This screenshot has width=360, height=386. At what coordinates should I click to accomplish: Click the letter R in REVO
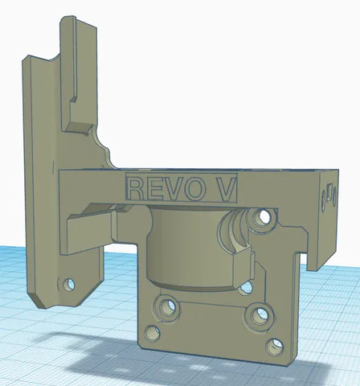[x=137, y=189]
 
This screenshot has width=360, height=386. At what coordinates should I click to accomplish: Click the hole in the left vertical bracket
[x=69, y=284]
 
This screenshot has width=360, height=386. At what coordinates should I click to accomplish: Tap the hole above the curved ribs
[x=264, y=216]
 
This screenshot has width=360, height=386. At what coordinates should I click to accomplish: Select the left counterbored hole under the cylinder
[x=166, y=307]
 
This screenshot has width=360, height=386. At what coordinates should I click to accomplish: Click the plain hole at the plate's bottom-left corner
[x=153, y=334]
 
